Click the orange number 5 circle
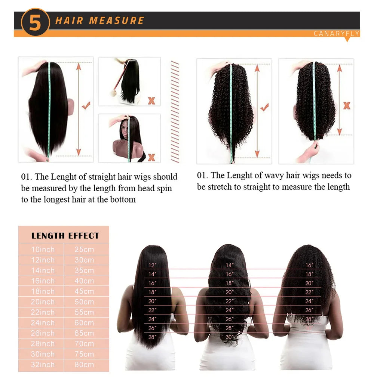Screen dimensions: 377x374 (x=35, y=23)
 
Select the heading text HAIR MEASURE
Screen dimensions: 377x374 (x=99, y=21)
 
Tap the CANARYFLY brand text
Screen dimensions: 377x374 (x=336, y=34)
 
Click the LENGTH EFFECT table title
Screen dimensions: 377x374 (x=65, y=236)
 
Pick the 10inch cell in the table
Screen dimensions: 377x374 (x=43, y=250)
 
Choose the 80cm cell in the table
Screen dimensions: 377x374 (x=84, y=365)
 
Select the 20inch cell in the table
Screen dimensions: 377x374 (x=43, y=302)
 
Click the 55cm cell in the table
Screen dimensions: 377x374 (x=84, y=312)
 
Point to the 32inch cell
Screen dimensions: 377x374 (x=43, y=365)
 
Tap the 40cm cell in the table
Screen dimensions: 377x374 (x=84, y=281)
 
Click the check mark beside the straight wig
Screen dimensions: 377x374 (x=86, y=106)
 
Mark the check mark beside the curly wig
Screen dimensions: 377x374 (x=264, y=108)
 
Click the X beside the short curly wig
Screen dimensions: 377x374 (x=347, y=106)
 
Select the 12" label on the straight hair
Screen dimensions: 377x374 (x=152, y=265)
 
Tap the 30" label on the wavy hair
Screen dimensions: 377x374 (x=229, y=337)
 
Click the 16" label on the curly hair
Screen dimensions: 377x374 (x=309, y=265)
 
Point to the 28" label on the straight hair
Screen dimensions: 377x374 (x=152, y=337)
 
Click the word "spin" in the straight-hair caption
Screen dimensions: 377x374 (x=164, y=188)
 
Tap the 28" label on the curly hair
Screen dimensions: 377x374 (x=309, y=319)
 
